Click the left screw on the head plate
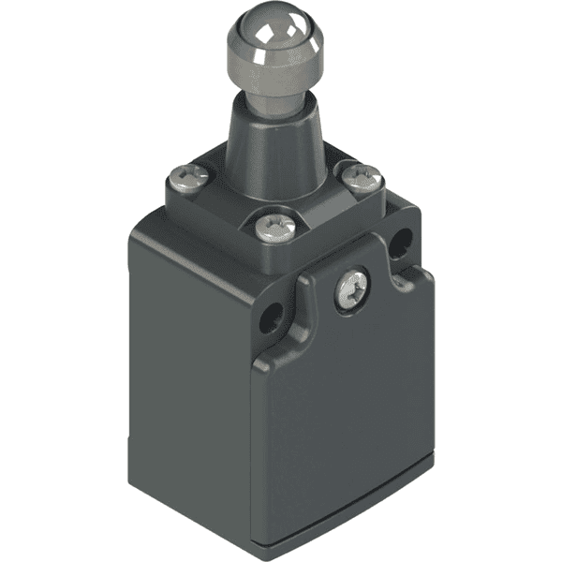click(186, 175)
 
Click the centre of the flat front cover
click(347, 421)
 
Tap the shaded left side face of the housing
click(187, 375)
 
